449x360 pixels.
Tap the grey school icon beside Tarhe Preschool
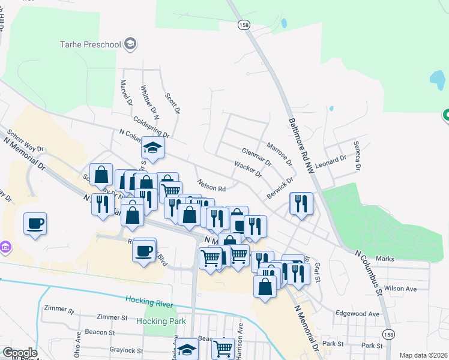coord(130,44)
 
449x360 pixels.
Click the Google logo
coord(20,353)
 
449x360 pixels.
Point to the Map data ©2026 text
coord(423,355)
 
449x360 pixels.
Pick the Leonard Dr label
coord(331,161)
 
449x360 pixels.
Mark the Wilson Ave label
coord(400,289)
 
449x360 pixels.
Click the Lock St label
coord(372,346)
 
